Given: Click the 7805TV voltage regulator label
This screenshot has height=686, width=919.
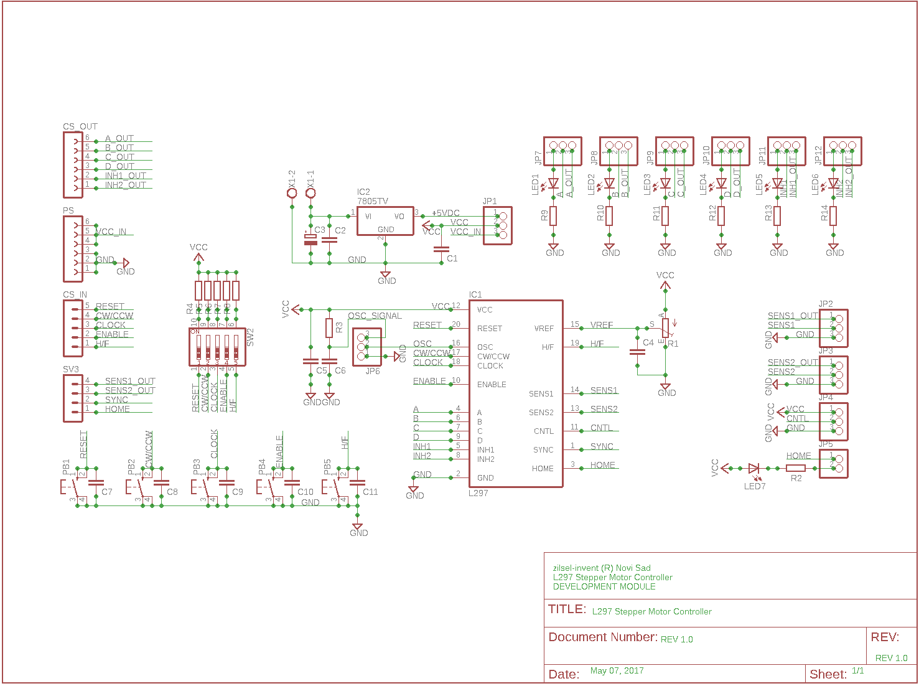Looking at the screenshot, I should pyautogui.click(x=372, y=202).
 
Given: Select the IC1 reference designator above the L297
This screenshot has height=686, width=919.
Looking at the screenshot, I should pyautogui.click(x=475, y=294).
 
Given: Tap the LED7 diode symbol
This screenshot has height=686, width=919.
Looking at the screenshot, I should pyautogui.click(x=753, y=468).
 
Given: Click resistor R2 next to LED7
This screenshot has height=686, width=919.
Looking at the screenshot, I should pyautogui.click(x=796, y=468).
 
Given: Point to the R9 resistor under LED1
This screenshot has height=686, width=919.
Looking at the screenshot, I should pyautogui.click(x=553, y=216).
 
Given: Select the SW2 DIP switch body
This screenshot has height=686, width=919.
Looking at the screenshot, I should pyautogui.click(x=217, y=347).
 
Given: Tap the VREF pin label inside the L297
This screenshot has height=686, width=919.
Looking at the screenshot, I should pyautogui.click(x=544, y=329).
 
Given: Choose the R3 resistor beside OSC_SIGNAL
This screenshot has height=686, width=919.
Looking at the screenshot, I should pyautogui.click(x=329, y=327).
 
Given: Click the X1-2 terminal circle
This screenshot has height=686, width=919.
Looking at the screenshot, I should pyautogui.click(x=292, y=193).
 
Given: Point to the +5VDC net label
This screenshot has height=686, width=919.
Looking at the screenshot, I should pyautogui.click(x=446, y=213).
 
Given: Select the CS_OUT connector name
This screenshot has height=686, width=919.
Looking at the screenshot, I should pyautogui.click(x=80, y=126).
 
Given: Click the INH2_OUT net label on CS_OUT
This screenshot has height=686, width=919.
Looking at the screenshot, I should pyautogui.click(x=125, y=185).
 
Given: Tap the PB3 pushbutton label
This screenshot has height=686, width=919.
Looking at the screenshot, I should pyautogui.click(x=197, y=468).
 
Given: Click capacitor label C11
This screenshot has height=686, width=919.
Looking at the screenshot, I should pyautogui.click(x=370, y=492).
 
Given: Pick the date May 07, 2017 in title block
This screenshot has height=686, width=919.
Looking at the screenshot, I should pyautogui.click(x=617, y=670).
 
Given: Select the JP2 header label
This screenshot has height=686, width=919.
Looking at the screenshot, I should pyautogui.click(x=826, y=304).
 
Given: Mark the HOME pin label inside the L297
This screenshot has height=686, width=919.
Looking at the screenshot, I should pyautogui.click(x=543, y=469).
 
